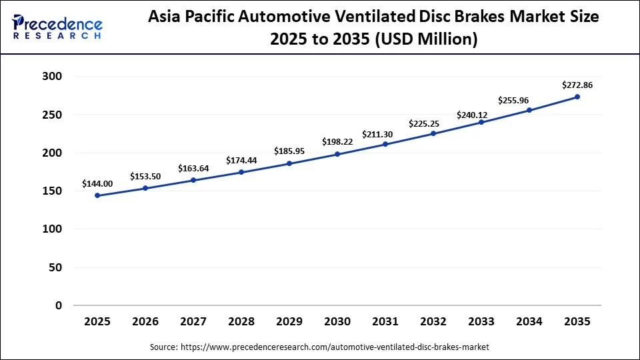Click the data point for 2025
pos(97,195)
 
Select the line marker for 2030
pos(337,154)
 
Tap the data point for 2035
pos(577,97)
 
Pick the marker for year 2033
pos(481,122)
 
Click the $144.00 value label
pos(97,183)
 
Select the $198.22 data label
pos(337,142)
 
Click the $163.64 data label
pos(193,168)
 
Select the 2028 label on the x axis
pos(241,321)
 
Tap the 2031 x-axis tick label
pos(385,321)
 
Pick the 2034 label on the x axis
pos(529,321)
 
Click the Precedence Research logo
pos(57,27)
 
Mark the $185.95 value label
pos(289,151)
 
